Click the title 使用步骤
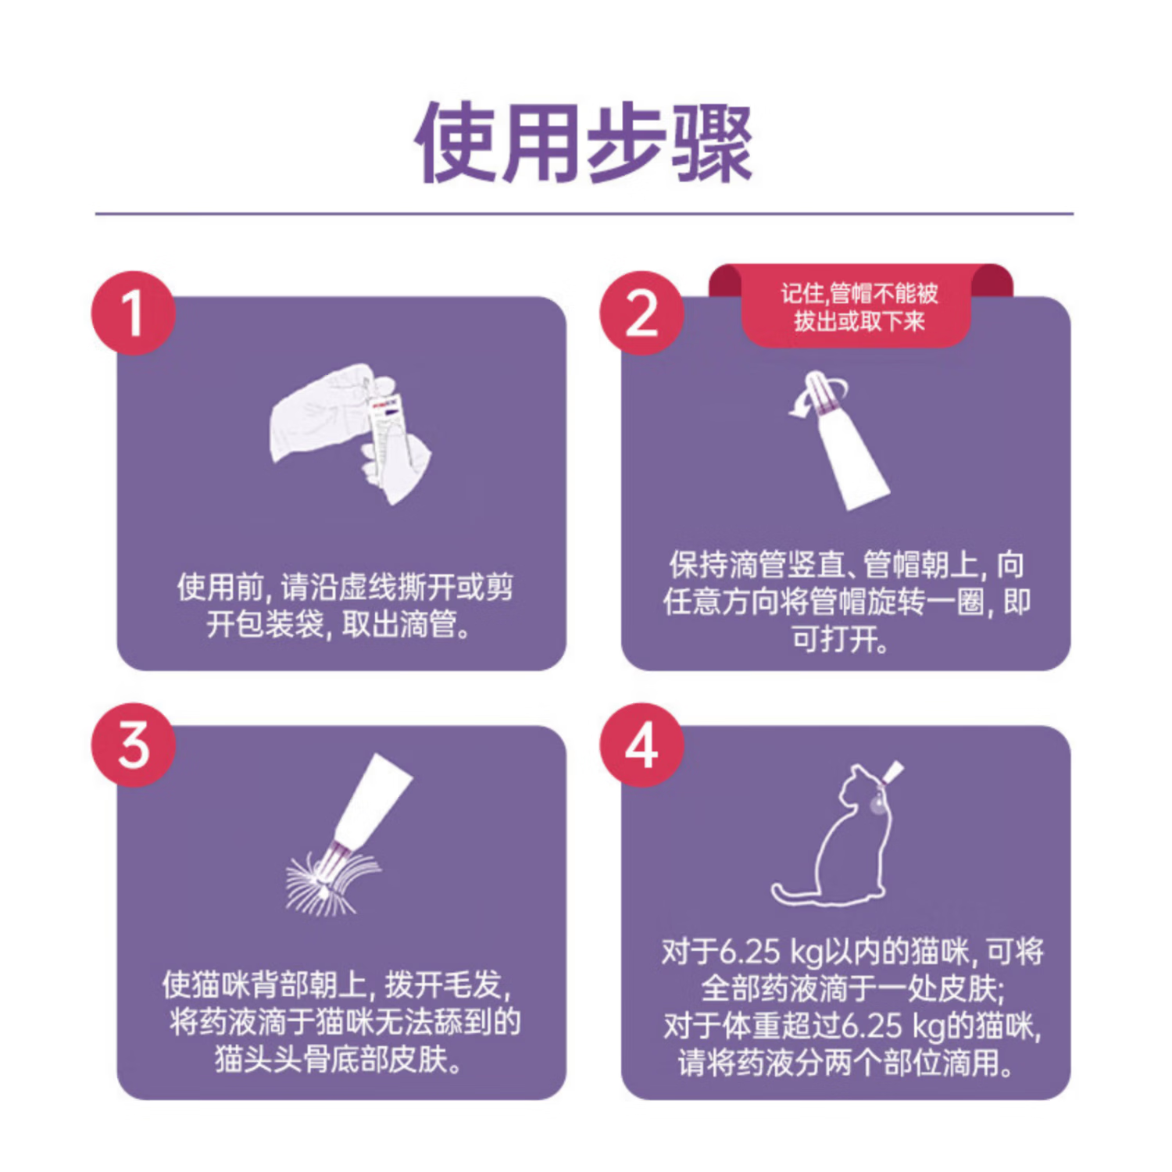pyautogui.click(x=584, y=143)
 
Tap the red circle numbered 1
pyautogui.click(x=133, y=313)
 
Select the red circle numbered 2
pyautogui.click(x=641, y=313)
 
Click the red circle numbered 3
pyautogui.click(x=133, y=745)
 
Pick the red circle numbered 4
pyautogui.click(x=641, y=745)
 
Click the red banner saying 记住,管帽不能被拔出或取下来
pyautogui.click(x=859, y=308)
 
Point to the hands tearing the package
pyautogui.click(x=349, y=432)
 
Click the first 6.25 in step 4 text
pyautogui.click(x=749, y=952)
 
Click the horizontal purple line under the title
pyautogui.click(x=584, y=213)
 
